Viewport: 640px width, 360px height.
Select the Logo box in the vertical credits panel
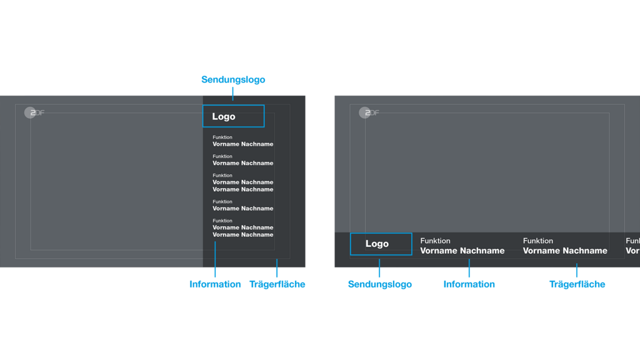pyautogui.click(x=233, y=116)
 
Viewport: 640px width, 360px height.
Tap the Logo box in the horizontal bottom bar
pyautogui.click(x=381, y=244)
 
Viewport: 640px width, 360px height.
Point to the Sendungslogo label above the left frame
pyautogui.click(x=233, y=79)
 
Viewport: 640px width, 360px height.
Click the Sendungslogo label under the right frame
pyautogui.click(x=379, y=284)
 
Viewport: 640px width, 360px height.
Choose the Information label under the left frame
pyautogui.click(x=215, y=284)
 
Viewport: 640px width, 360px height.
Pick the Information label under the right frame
pyautogui.click(x=469, y=284)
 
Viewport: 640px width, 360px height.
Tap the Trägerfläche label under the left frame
pyautogui.click(x=277, y=284)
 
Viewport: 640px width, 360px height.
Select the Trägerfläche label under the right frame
pyautogui.click(x=577, y=284)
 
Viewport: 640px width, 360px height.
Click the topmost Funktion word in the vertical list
pyautogui.click(x=222, y=137)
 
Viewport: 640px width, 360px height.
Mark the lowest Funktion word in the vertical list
pyautogui.click(x=222, y=221)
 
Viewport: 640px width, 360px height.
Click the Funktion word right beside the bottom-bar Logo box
pyautogui.click(x=435, y=241)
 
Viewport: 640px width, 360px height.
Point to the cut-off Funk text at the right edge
pyautogui.click(x=632, y=241)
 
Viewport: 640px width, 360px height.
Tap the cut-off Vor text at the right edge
pyautogui.click(x=632, y=251)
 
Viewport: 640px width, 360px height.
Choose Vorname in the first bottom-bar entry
pyautogui.click(x=438, y=251)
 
